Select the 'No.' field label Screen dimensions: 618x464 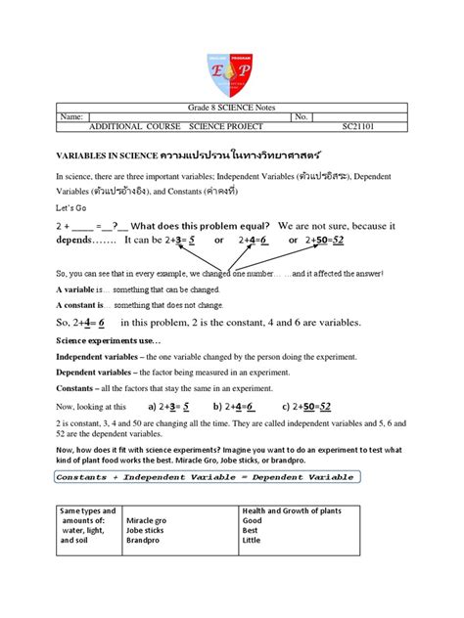click(x=302, y=116)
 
